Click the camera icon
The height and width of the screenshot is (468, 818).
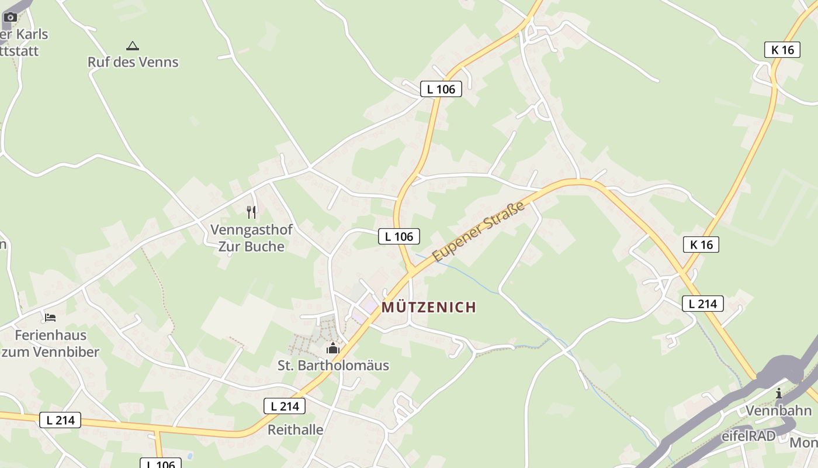tap(10, 17)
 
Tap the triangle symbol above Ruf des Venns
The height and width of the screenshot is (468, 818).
tap(133, 46)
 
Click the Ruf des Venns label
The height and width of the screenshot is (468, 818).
tap(133, 62)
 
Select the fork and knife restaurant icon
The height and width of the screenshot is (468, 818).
tap(251, 212)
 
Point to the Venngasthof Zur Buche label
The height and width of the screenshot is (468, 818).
tap(251, 238)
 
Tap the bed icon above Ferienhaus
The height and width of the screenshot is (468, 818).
tap(50, 318)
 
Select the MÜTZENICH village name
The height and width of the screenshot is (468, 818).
tap(429, 307)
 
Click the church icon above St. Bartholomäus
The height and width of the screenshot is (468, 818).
tap(333, 349)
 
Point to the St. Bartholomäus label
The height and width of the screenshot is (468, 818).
tap(333, 366)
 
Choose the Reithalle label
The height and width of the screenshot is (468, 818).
tap(295, 430)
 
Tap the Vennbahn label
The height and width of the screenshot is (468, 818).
tap(778, 411)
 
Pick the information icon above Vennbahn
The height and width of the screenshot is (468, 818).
tap(778, 394)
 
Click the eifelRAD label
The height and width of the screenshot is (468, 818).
tap(748, 436)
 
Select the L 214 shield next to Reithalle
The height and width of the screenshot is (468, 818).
tap(285, 406)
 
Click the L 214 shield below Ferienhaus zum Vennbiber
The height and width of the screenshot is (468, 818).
tap(60, 419)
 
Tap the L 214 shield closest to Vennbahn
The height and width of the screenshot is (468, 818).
tap(702, 304)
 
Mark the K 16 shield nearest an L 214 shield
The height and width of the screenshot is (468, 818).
tap(701, 245)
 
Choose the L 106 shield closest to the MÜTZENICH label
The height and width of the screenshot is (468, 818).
tap(399, 236)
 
